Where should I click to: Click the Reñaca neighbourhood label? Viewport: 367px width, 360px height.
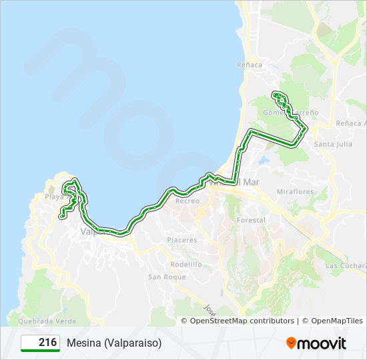[x=250, y=65]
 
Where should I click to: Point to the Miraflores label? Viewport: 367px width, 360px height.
[x=294, y=191]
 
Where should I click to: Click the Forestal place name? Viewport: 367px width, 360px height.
[x=251, y=220]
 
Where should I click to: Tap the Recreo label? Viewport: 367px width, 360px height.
[x=187, y=201]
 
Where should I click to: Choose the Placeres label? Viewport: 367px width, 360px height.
[x=182, y=240]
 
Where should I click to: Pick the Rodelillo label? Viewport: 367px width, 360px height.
[x=186, y=264]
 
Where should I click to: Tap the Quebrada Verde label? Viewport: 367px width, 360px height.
[x=33, y=321]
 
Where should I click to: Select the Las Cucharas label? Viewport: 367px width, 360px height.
[x=344, y=265]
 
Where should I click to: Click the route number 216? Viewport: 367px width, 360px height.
[x=47, y=342]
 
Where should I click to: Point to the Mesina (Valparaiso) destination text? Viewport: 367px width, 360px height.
[x=114, y=343]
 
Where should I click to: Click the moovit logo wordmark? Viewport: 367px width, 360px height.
[x=322, y=343]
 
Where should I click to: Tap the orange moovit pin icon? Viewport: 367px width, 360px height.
[x=291, y=343]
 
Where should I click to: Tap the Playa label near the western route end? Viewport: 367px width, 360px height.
[x=53, y=197]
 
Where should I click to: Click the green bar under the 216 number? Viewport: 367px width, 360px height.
[x=40, y=350]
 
